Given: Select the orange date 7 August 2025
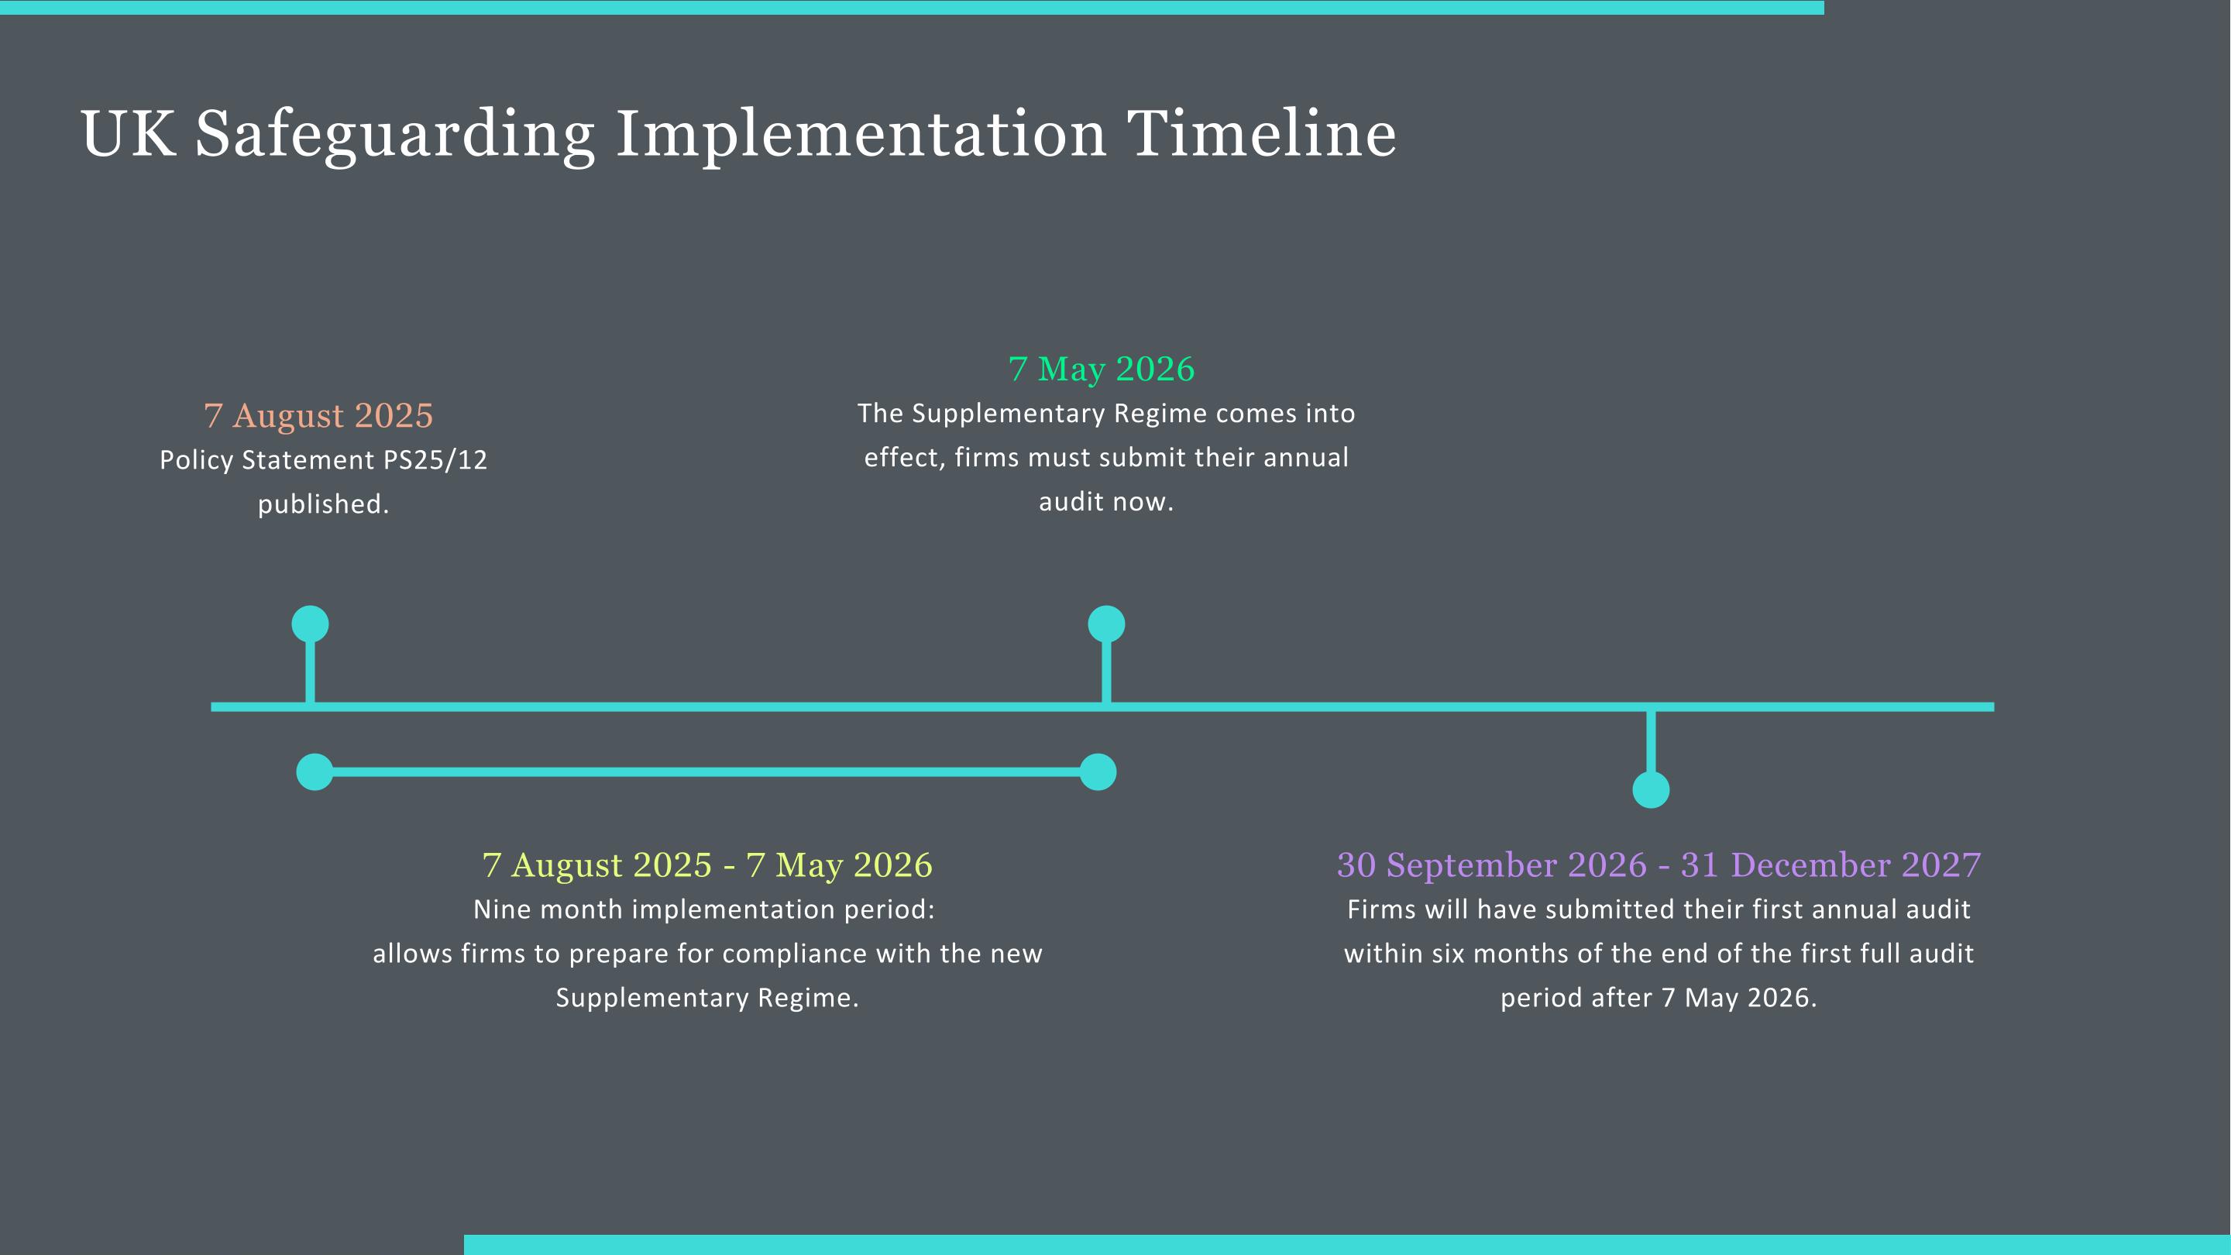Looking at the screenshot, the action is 318,416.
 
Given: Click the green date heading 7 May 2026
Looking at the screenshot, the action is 1102,369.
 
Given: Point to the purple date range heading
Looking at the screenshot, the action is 1659,865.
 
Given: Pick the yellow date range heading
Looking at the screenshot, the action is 706,865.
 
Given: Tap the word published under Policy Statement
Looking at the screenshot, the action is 321,504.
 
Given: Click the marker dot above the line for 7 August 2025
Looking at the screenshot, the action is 310,624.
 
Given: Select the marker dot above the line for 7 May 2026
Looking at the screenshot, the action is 1106,624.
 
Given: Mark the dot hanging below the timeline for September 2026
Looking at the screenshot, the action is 1651,790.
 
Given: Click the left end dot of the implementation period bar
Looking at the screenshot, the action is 315,772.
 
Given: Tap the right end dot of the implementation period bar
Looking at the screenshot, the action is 1098,772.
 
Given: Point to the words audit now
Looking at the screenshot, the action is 1106,502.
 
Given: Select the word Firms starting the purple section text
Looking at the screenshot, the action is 1378,909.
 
